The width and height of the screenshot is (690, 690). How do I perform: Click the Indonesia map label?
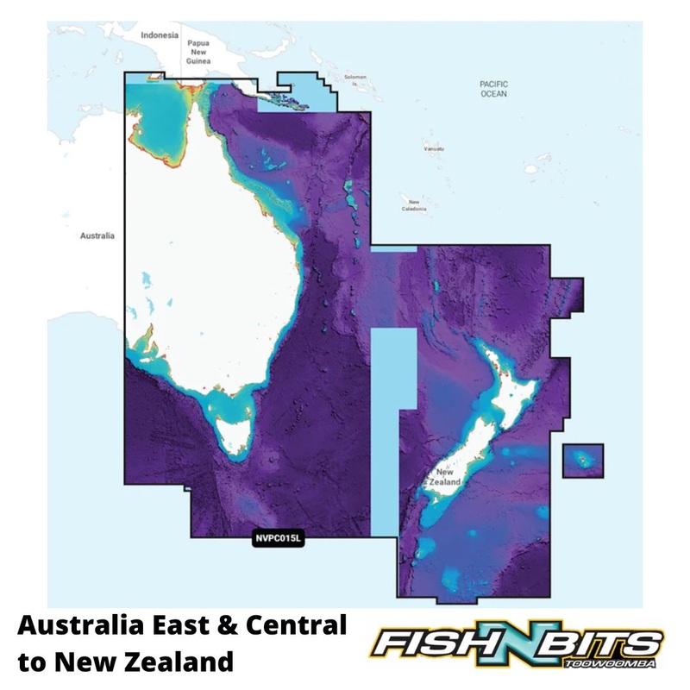point(160,35)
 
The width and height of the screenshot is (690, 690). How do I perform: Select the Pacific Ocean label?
point(494,88)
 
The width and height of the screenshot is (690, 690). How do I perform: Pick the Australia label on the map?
point(97,235)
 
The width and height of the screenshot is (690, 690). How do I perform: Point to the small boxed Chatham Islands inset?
point(583,460)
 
